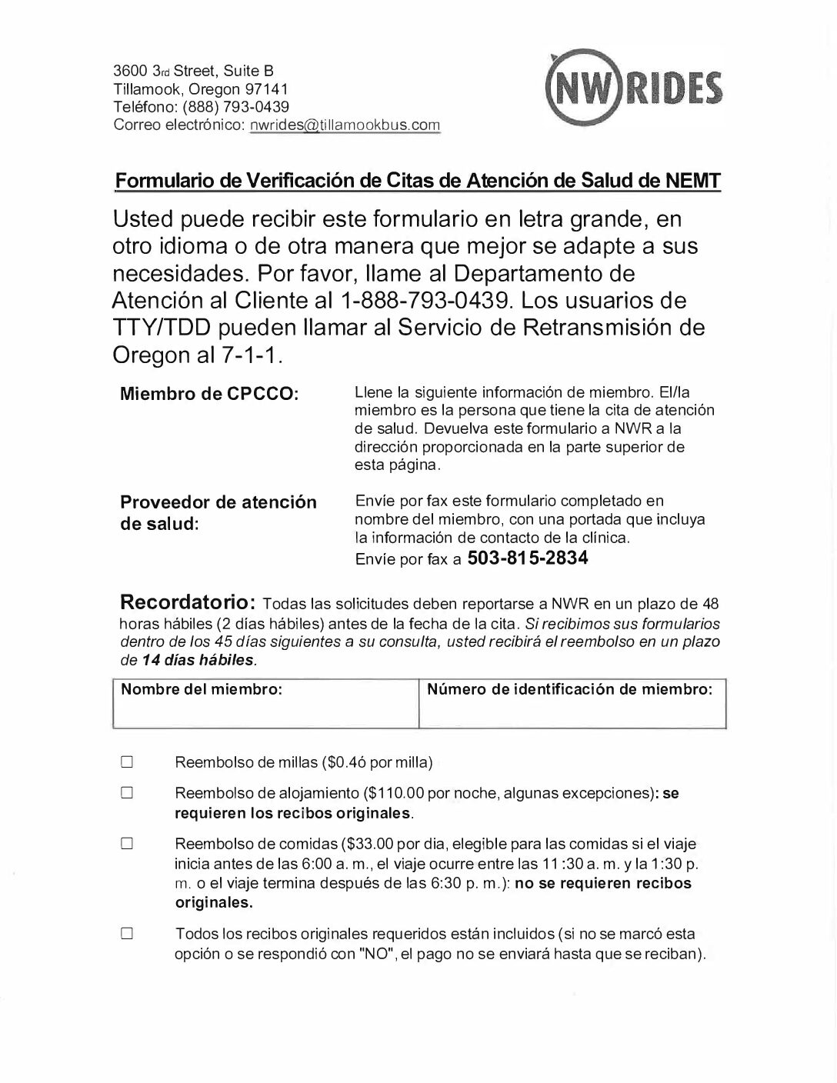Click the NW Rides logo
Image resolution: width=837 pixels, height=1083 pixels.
[x=633, y=87]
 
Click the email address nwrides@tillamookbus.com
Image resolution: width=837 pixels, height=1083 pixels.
[x=345, y=125]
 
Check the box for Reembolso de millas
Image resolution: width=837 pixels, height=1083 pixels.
[x=128, y=763]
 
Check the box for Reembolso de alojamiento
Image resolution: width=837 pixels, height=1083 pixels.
[x=128, y=793]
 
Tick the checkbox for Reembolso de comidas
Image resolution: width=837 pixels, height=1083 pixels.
[x=128, y=844]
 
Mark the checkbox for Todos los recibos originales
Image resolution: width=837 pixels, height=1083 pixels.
[x=128, y=935]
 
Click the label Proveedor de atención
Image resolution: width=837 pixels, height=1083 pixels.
[x=218, y=502]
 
